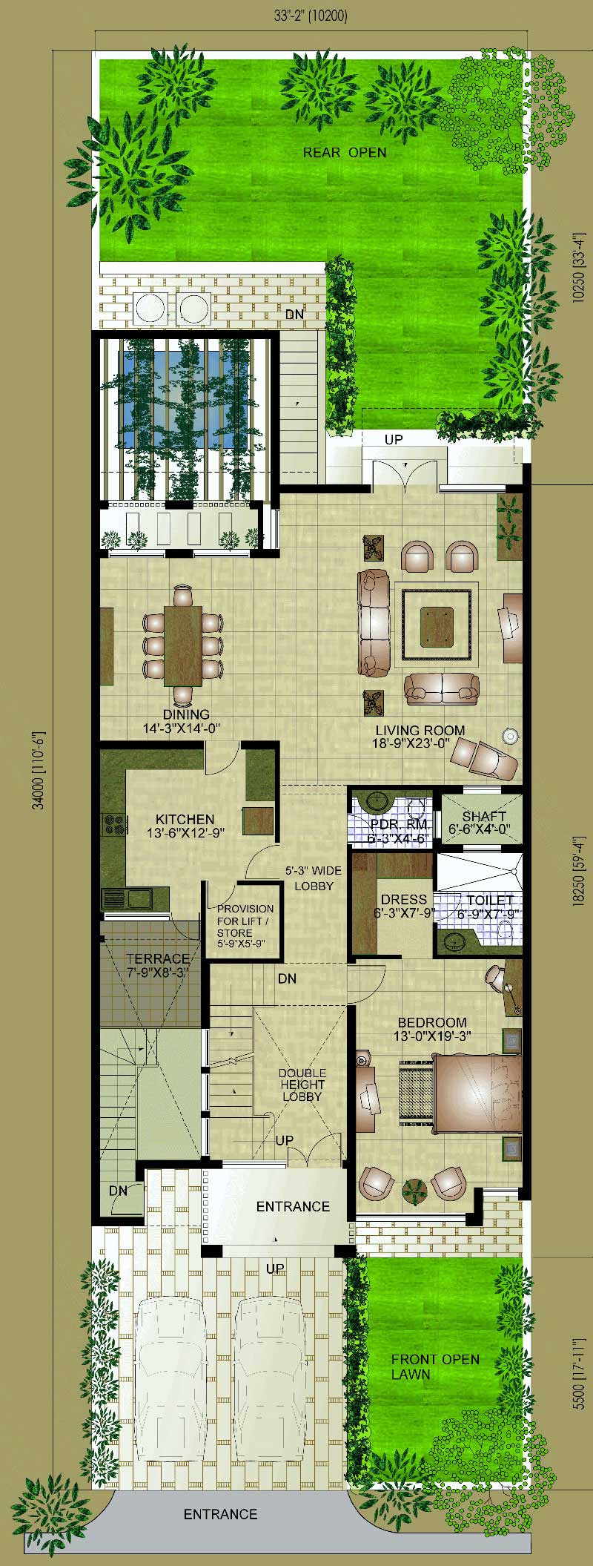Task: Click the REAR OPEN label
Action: (344, 153)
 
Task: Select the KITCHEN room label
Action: (185, 819)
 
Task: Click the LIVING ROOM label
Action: (420, 731)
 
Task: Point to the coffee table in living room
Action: (437, 624)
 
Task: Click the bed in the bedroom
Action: (477, 1093)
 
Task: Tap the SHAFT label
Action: (483, 817)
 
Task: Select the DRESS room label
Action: (404, 900)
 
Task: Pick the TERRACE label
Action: (157, 959)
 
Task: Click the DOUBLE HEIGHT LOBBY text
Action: (302, 1085)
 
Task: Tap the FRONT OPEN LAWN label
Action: (434, 1366)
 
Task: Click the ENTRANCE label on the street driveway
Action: (220, 1515)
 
